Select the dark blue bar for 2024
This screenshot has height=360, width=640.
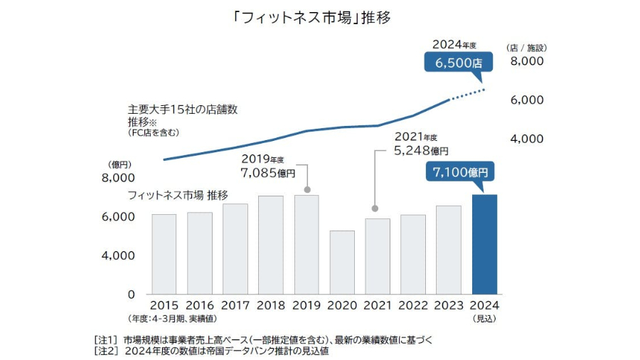484,244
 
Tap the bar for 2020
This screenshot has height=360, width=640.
342,262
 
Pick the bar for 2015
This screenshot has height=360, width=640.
164,253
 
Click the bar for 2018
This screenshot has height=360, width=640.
271,244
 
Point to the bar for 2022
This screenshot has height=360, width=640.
413,254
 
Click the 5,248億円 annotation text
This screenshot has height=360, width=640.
420,151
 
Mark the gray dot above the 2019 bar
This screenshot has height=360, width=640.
306,189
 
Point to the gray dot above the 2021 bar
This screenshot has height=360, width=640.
375,208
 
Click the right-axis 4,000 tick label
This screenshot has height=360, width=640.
527,138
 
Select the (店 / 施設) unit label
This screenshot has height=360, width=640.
526,48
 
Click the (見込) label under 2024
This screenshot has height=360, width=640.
484,319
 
